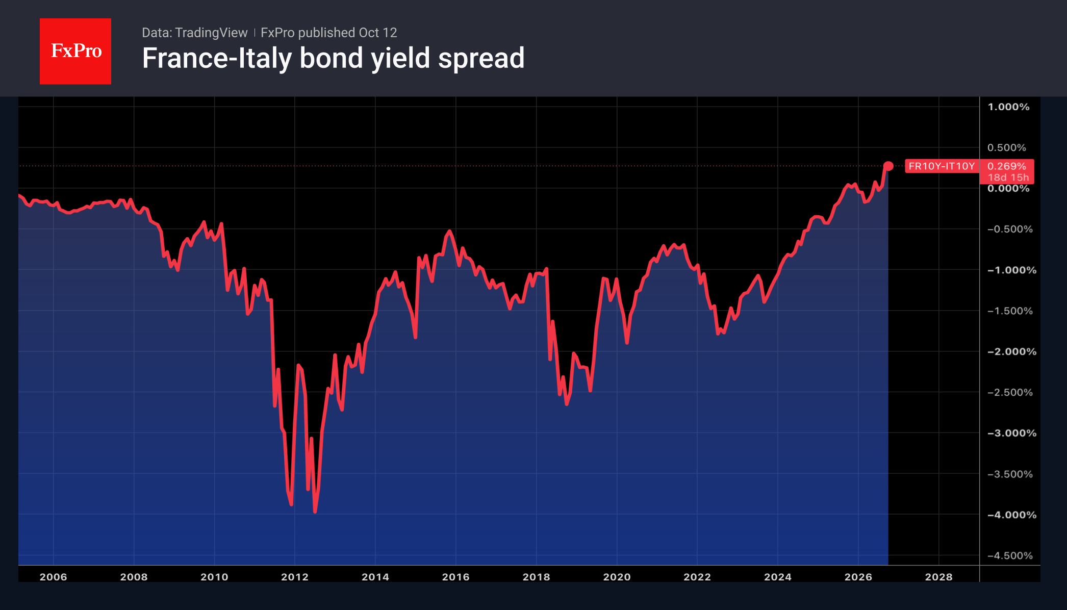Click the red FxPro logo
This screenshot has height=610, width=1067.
pos(75,51)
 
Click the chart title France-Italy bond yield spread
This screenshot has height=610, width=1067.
pos(333,58)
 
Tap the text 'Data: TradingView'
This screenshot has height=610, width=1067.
pos(194,33)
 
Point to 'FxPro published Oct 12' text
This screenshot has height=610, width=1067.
pos(328,33)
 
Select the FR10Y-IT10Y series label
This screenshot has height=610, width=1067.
pos(942,166)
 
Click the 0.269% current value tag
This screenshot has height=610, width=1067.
pos(1006,166)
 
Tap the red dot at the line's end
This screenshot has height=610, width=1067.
pos(888,166)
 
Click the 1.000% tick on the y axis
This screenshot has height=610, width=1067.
pos(1008,107)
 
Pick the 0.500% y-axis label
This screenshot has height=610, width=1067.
pos(1006,147)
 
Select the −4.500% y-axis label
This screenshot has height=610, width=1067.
pos(1010,555)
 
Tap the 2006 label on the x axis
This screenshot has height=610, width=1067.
pos(54,577)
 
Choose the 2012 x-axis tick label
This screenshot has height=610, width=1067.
pos(295,577)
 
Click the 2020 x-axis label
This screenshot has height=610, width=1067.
pos(617,577)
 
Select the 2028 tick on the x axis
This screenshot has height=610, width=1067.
pos(939,577)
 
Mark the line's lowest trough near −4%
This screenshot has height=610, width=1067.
pos(315,512)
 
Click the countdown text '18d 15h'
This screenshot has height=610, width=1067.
pos(1008,177)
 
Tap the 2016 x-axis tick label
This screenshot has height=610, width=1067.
pos(456,577)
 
